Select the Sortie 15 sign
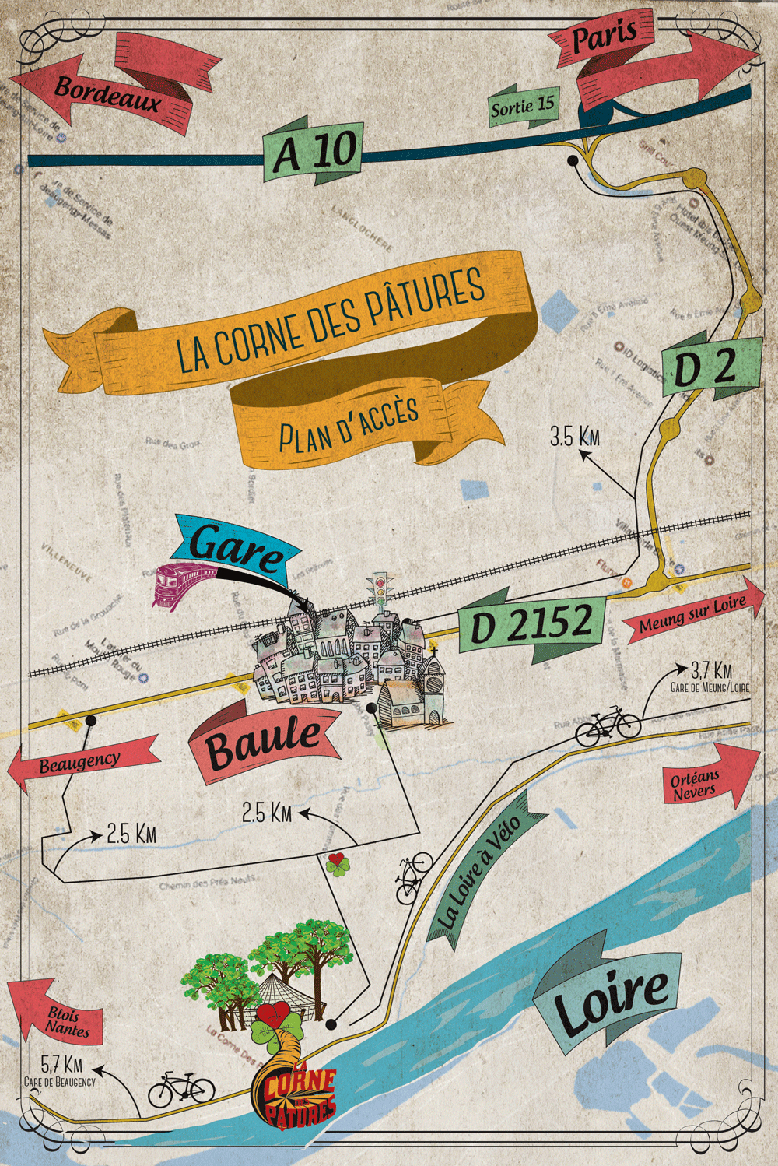(523, 106)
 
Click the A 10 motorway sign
(314, 151)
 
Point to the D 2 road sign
(705, 367)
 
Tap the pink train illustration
(184, 583)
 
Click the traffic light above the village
(380, 589)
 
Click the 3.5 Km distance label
(575, 437)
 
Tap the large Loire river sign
(611, 996)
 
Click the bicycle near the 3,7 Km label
(608, 726)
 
